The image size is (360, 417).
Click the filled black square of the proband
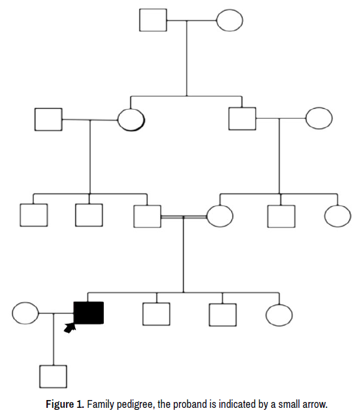tap(89, 313)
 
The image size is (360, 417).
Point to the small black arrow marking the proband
tap(70, 328)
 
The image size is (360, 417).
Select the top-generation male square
tap(153, 20)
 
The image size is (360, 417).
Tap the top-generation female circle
tap(229, 20)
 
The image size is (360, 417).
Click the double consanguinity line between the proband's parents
tap(184, 217)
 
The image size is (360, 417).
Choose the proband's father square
tap(147, 216)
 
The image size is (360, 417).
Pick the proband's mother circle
tap(220, 216)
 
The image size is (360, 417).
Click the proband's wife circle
tap(25, 313)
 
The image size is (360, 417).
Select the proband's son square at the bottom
tap(54, 377)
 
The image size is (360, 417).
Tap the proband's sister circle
tap(279, 315)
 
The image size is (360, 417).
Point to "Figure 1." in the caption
tap(65, 405)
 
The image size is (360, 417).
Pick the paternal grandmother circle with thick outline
tap(131, 119)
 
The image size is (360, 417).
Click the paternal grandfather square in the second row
tap(48, 119)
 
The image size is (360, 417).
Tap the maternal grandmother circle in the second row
tap(319, 118)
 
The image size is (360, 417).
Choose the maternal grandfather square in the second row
tap(242, 119)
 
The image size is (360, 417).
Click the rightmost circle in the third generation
tap(338, 216)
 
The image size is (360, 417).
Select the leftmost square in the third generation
tap(34, 215)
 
